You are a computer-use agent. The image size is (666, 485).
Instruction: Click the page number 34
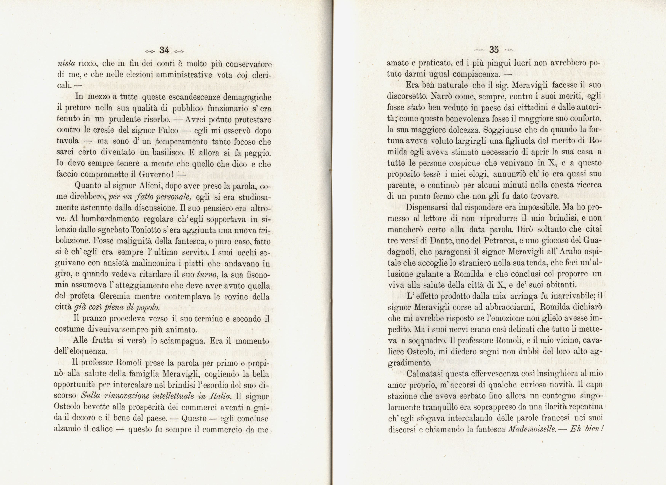pos(164,50)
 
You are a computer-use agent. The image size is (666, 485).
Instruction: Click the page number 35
pos(494,50)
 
